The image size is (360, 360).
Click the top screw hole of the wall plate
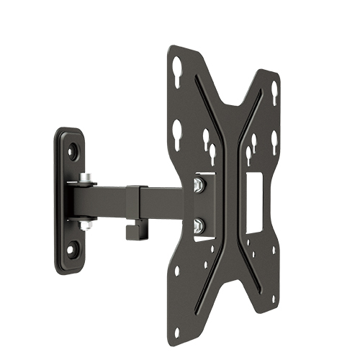(73, 152)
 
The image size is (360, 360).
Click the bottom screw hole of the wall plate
(71, 249)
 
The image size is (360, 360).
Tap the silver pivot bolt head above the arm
(86, 177)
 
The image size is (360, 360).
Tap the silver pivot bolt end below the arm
(86, 225)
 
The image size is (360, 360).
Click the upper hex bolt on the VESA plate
(199, 184)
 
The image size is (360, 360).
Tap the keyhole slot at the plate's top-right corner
(274, 91)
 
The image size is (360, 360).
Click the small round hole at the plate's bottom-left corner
(177, 272)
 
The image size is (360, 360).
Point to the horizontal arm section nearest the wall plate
(101, 195)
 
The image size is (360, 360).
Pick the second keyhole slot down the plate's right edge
(274, 141)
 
